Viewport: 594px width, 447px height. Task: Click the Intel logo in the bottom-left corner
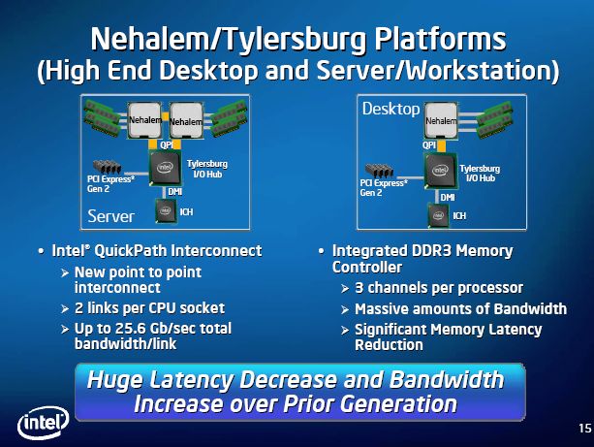pos(44,423)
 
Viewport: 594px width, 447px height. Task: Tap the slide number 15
pos(584,429)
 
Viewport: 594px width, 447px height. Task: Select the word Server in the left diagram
pos(111,216)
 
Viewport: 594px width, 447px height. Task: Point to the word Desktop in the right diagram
pos(391,110)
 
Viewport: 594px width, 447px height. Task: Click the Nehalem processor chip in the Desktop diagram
pos(441,120)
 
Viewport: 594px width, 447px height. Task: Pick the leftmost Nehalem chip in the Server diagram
pos(144,120)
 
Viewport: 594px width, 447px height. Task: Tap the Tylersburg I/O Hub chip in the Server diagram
pos(165,168)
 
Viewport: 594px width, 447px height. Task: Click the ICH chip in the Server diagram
pos(166,210)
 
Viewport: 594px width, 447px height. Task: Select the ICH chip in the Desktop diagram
pos(438,215)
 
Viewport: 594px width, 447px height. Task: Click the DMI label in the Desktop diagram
pos(448,198)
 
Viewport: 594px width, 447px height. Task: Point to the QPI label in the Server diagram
pos(167,144)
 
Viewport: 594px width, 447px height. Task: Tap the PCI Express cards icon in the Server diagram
pos(108,167)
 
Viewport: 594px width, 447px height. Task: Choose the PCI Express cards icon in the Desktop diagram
pos(379,171)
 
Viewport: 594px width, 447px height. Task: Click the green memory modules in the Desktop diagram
pos(494,119)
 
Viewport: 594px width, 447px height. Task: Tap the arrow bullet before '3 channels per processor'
pos(345,289)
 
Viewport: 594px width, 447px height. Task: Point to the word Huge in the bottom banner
pos(115,380)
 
